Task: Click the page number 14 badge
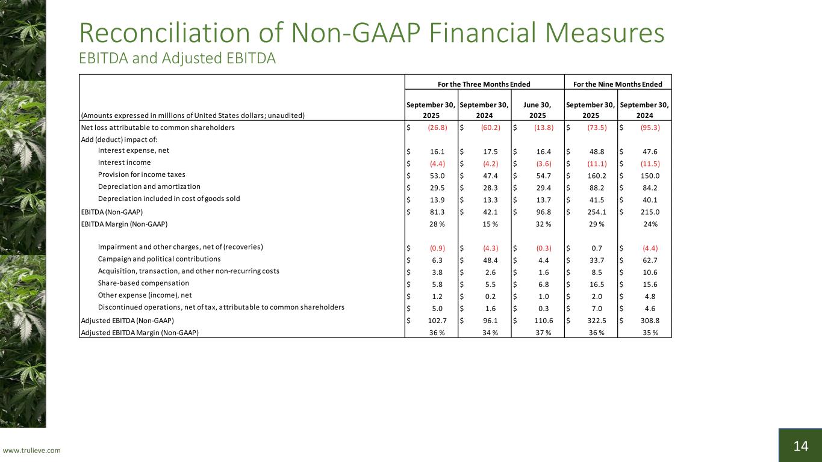[800, 446]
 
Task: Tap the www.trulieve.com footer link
[32, 451]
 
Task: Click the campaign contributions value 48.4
[489, 259]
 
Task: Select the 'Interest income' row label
[124, 162]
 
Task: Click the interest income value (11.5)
[649, 163]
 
